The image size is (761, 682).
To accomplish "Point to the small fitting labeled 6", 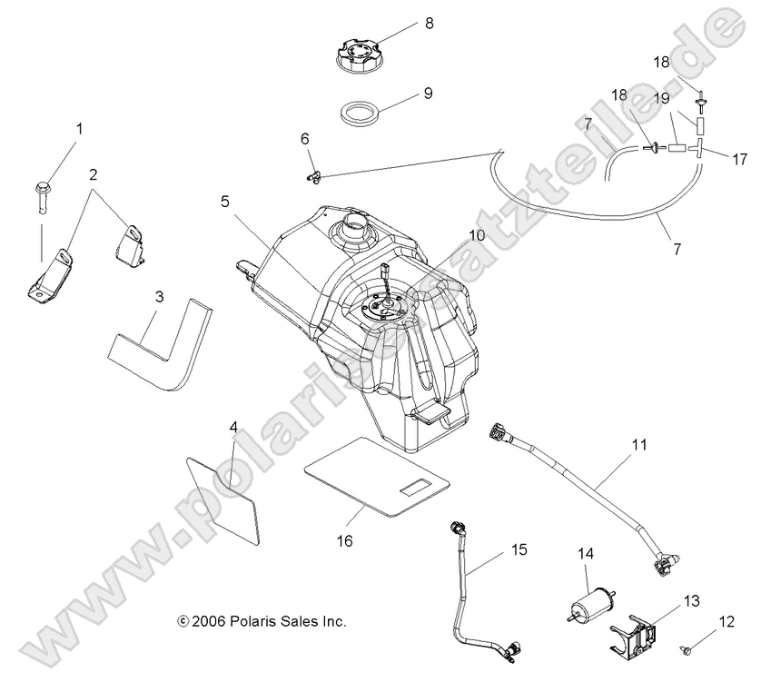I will pyautogui.click(x=313, y=173).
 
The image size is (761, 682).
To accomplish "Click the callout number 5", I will pyautogui.click(x=224, y=202).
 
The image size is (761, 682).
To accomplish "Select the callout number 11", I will pyautogui.click(x=639, y=446).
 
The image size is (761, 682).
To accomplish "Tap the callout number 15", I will pyautogui.click(x=519, y=549).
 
